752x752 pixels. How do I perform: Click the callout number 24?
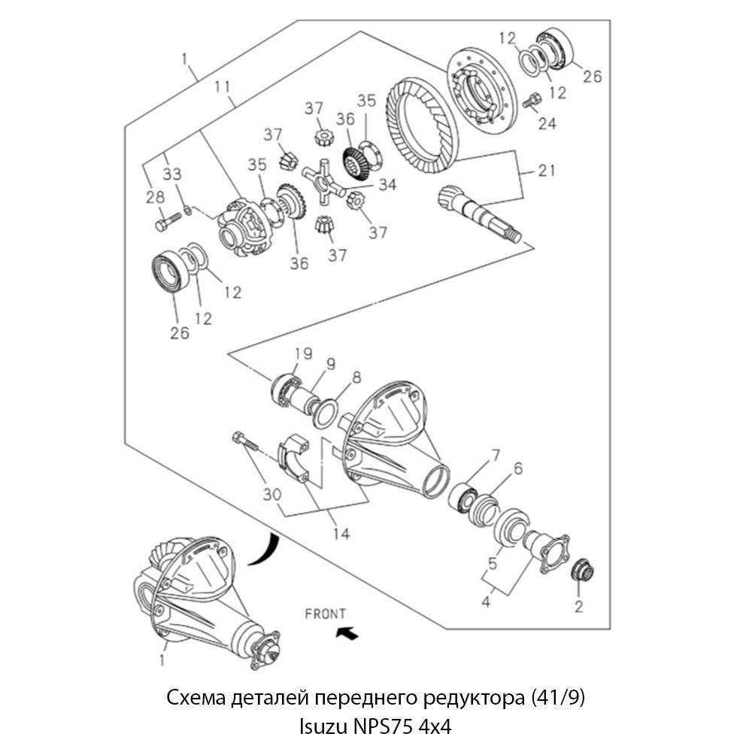(x=547, y=124)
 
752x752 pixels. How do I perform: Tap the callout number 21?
(x=546, y=170)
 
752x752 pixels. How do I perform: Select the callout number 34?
(x=387, y=185)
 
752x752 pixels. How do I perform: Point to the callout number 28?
(x=155, y=197)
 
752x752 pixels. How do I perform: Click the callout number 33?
(x=171, y=174)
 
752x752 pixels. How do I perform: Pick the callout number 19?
(x=303, y=354)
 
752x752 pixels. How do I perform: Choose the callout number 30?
(x=272, y=495)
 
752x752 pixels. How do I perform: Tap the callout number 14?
(x=341, y=534)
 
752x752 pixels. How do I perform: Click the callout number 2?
(x=579, y=606)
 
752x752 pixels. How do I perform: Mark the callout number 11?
(x=222, y=86)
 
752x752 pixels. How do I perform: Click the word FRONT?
(x=325, y=614)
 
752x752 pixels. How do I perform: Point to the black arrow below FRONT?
(x=347, y=633)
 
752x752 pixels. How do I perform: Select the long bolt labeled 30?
(x=245, y=441)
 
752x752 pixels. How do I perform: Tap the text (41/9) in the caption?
(x=558, y=698)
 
